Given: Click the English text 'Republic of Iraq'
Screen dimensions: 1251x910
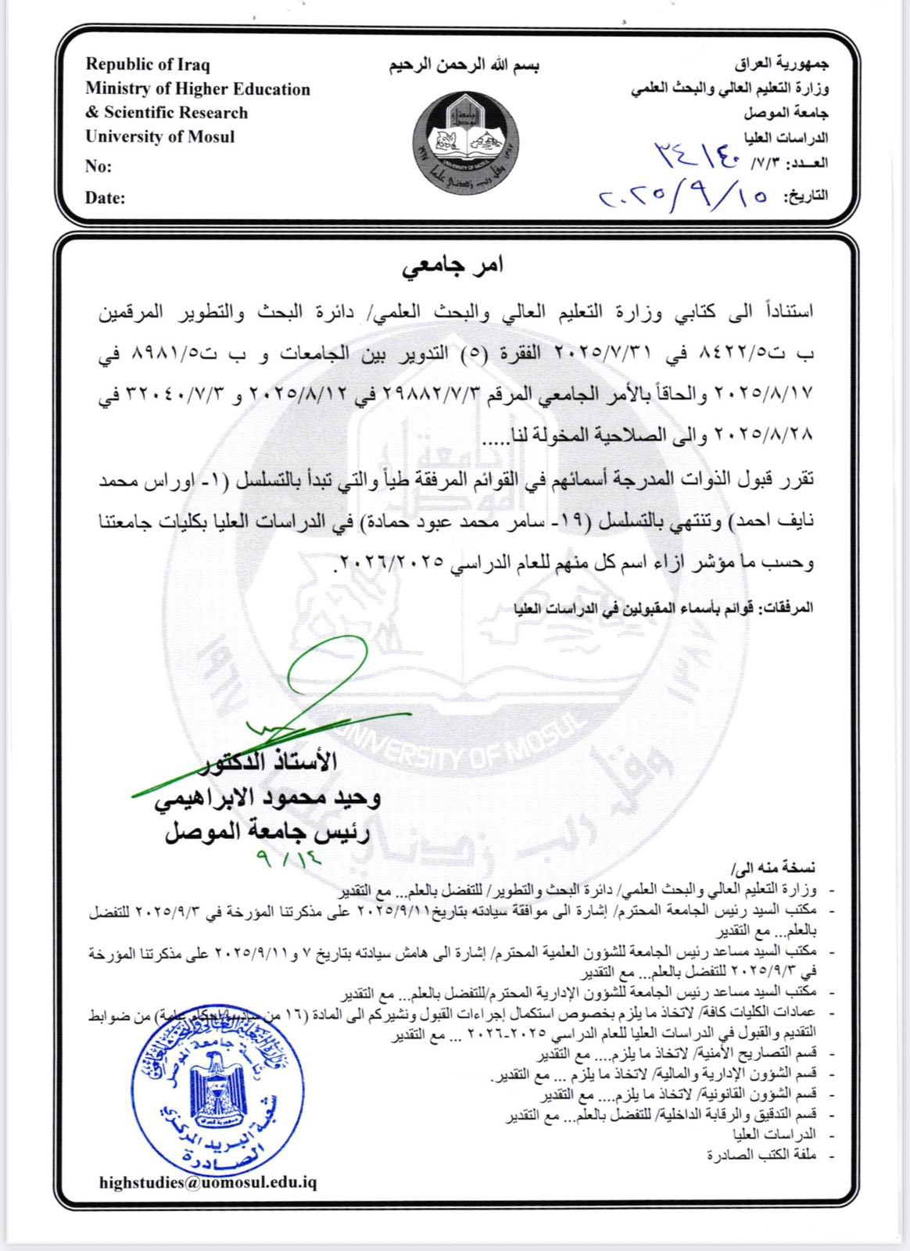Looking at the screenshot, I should pos(148,64).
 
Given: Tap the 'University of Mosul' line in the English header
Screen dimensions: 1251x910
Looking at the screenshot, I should pos(159,137).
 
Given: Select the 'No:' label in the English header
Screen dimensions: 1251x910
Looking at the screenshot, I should pos(99,167).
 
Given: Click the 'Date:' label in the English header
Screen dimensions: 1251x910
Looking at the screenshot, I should pos(105,198).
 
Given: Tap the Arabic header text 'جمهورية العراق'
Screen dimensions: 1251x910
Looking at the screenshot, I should pos(781,63).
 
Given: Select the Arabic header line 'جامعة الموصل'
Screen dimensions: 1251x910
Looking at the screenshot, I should pos(786,113).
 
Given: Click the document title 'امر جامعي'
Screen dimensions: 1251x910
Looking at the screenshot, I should pos(453,266).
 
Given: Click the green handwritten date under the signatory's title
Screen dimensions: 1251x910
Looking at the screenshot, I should pos(288,860).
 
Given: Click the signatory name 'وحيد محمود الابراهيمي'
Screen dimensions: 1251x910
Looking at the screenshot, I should pos(267,798).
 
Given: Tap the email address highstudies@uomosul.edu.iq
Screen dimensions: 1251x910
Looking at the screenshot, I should pos(208,1183).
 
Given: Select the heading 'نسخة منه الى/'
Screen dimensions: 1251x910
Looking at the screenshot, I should pos(772,868).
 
